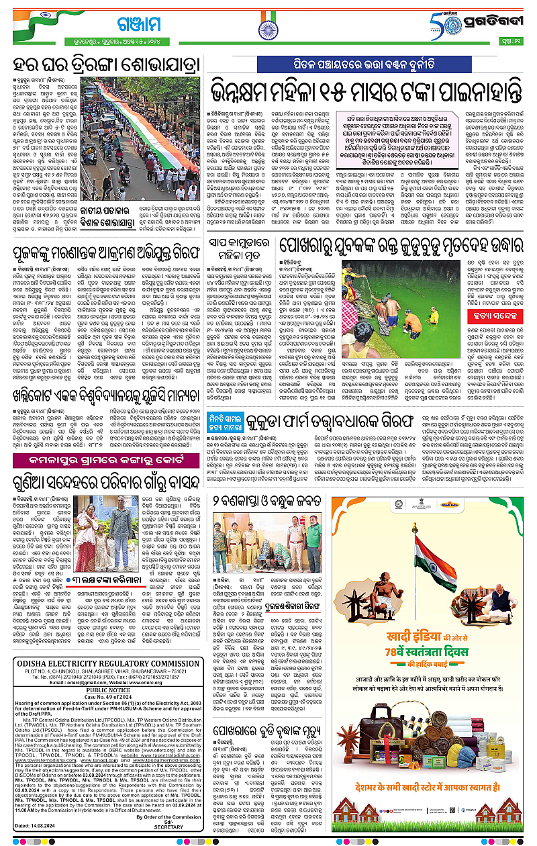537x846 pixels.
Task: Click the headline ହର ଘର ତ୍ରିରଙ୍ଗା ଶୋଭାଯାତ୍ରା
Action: click(x=107, y=66)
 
